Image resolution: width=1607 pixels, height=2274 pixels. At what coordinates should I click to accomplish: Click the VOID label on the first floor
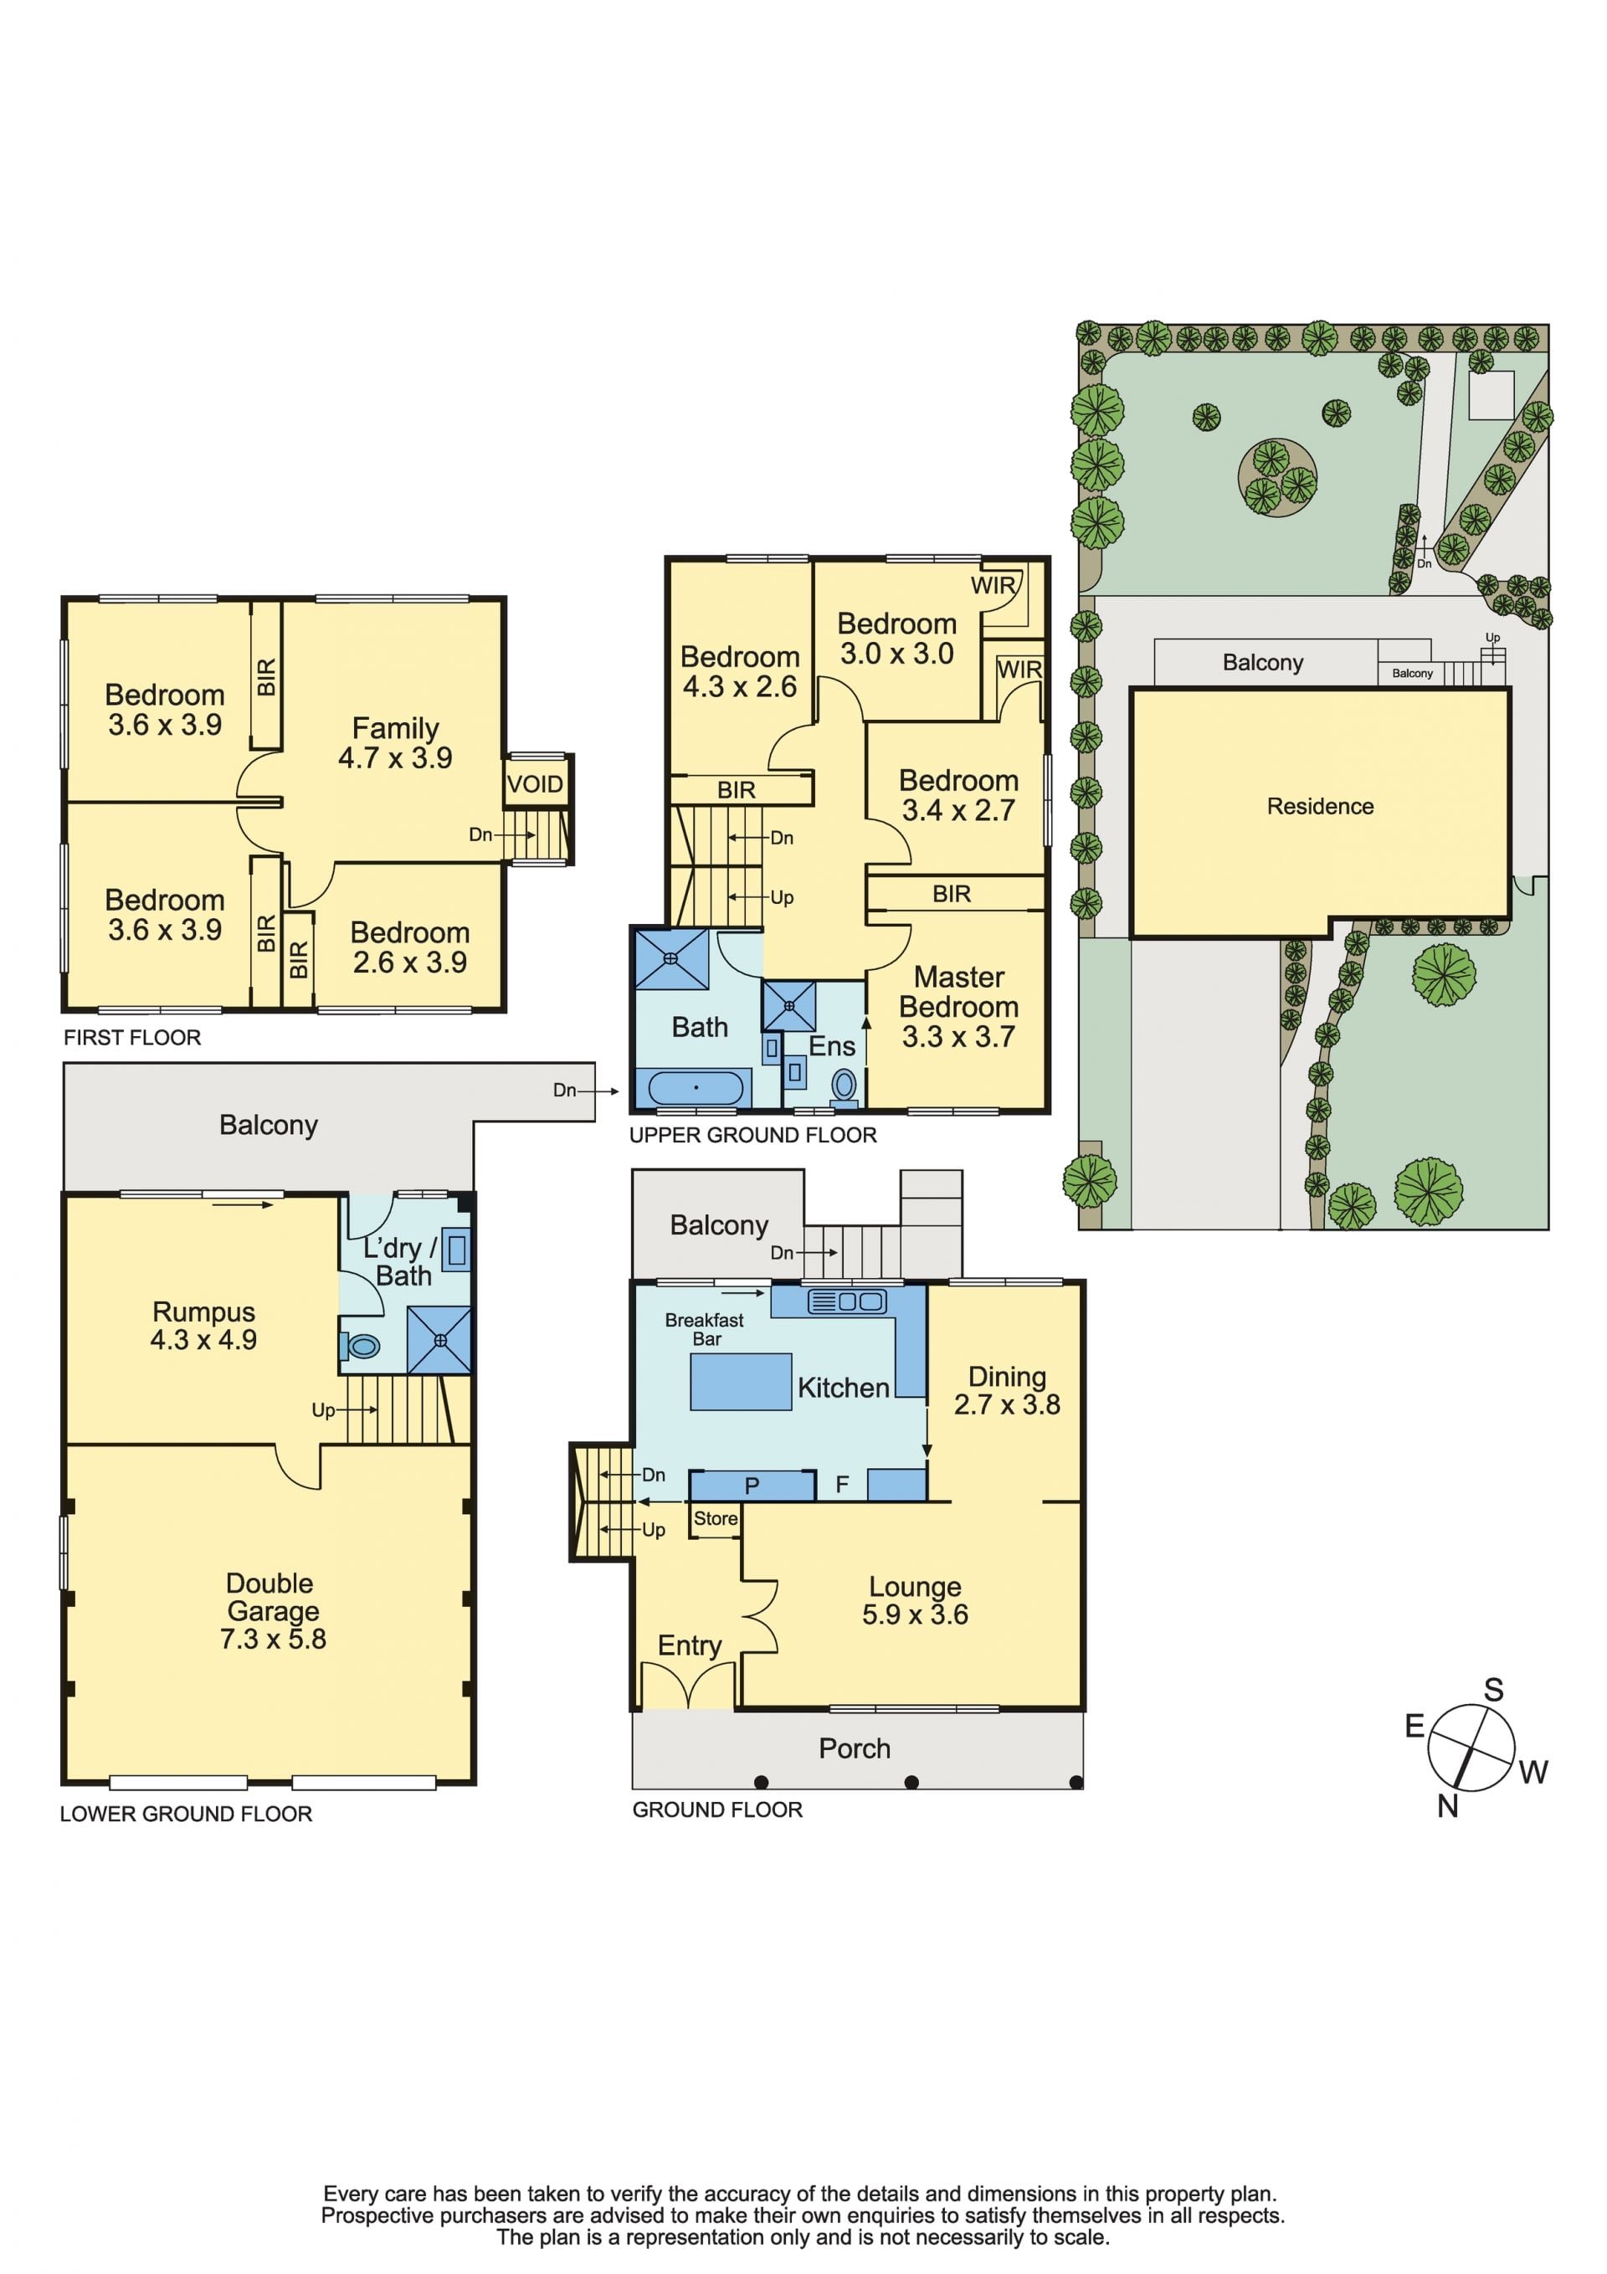[535, 784]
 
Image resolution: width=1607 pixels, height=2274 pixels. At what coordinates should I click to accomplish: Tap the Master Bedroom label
[958, 992]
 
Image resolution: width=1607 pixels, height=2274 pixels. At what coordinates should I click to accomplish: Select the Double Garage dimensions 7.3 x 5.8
[273, 1638]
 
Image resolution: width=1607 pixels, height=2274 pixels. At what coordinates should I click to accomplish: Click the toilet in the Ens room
[845, 1085]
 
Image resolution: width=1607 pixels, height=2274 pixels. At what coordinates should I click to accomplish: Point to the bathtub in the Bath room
[696, 1087]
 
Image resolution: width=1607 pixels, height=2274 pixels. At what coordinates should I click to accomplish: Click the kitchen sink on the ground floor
[847, 1301]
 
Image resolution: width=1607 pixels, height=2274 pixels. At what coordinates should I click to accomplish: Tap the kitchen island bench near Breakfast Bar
[740, 1382]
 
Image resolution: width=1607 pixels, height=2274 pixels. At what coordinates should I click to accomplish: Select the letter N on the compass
[1447, 1806]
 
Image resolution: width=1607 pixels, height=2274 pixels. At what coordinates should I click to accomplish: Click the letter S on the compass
[1493, 1690]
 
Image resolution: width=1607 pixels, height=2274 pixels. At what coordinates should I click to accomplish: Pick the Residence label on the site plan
[1320, 806]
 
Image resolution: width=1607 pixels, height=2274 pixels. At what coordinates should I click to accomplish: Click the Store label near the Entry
[716, 1518]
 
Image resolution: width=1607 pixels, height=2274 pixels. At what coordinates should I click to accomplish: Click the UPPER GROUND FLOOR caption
[753, 1135]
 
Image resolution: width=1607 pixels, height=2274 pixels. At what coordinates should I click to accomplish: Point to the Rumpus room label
[203, 1312]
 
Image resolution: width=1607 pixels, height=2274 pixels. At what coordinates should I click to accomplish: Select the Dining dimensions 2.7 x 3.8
[1007, 1404]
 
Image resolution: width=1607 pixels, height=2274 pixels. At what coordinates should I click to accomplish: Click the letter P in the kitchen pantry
[752, 1486]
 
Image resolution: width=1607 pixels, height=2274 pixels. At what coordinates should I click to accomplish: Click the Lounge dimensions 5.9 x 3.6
[915, 1614]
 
